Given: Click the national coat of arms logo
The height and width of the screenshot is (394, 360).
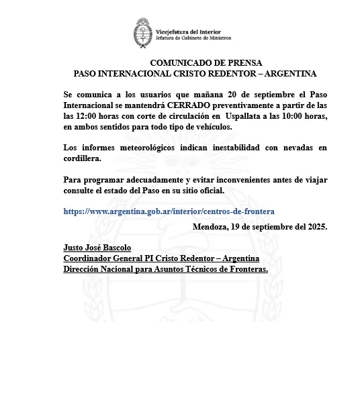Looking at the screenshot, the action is pyautogui.click(x=143, y=33).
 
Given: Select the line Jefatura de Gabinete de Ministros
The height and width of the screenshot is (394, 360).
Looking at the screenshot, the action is pyautogui.click(x=193, y=38).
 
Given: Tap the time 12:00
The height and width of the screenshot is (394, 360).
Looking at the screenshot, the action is pyautogui.click(x=92, y=116).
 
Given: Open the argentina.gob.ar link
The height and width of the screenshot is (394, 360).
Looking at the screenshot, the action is pyautogui.click(x=169, y=211).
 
